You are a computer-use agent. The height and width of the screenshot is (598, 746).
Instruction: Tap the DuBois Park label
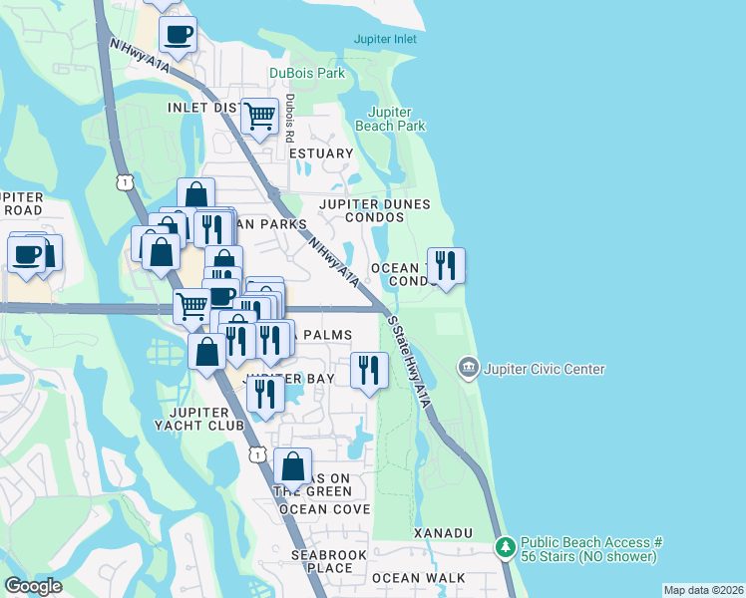pos(307,73)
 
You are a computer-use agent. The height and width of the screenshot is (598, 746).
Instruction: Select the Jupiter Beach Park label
pos(397,119)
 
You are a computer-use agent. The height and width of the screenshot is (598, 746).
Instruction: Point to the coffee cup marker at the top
pos(178,35)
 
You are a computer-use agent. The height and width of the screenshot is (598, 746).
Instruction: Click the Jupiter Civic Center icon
pos(468,369)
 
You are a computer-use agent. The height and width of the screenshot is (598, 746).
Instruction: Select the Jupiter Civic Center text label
pos(545,369)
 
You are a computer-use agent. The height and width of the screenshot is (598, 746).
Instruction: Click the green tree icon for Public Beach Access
pos(507,547)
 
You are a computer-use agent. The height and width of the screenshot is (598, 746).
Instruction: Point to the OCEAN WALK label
pos(418,578)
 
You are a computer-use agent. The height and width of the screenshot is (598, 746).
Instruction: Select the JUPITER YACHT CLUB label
pos(207,419)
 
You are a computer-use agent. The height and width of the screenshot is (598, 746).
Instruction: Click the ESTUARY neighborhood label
pos(321,153)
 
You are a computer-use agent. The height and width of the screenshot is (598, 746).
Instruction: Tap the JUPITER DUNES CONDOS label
pos(374,210)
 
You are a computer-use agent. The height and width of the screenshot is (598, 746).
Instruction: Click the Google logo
pos(33,586)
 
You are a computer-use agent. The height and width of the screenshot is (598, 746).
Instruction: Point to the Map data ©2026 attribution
pos(703,590)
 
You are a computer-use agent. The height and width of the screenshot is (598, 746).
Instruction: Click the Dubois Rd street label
pos(290,118)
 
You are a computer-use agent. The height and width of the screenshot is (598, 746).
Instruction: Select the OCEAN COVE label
pos(324,509)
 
